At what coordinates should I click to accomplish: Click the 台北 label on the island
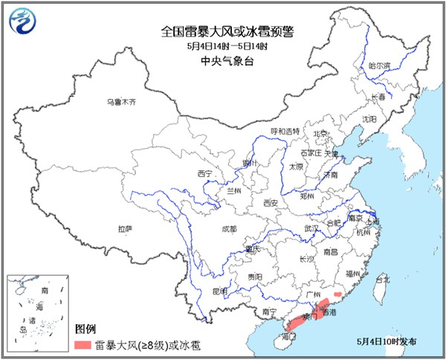[x=382, y=280]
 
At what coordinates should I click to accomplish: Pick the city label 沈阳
[x=369, y=119]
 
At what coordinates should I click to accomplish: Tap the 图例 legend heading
[x=85, y=328]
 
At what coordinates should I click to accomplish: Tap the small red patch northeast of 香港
[x=339, y=295]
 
